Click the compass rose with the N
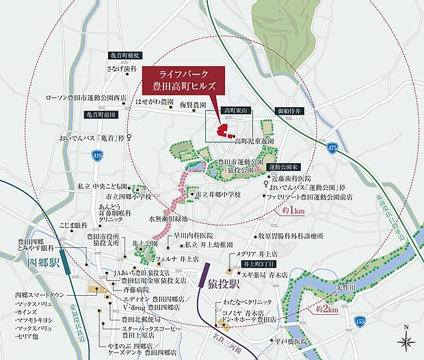point(406,339)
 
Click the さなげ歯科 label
point(118,68)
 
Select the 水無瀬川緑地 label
point(168,219)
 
